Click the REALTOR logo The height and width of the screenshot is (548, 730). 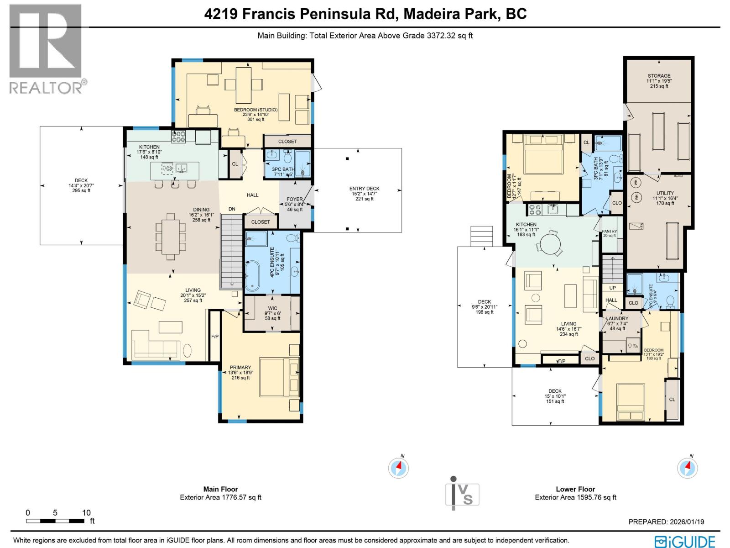pos(46,48)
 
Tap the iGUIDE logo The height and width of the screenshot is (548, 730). pos(685,541)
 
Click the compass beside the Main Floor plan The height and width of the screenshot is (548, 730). pos(398,468)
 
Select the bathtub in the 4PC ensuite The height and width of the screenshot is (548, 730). pos(252,276)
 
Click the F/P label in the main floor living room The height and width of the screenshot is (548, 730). pos(214,337)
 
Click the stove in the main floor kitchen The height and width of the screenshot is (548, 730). pos(178,136)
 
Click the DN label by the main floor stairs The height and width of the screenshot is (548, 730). pos(232,209)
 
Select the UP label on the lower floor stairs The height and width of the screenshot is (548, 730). pos(612,288)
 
